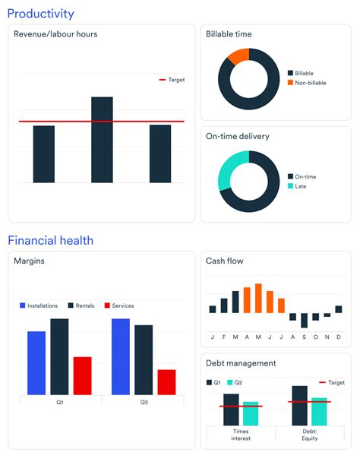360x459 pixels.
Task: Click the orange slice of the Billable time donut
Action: (x=238, y=55)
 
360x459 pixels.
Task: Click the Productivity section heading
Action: (x=41, y=14)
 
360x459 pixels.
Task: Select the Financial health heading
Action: (x=51, y=240)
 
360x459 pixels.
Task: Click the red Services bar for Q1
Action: (x=82, y=375)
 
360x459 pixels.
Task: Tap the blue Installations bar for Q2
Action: (x=121, y=356)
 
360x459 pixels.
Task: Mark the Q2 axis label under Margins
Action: (x=144, y=402)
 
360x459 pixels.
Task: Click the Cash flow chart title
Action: (x=225, y=261)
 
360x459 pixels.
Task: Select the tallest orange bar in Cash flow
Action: (x=258, y=298)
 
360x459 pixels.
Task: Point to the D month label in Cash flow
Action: (x=338, y=337)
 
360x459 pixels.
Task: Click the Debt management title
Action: (x=241, y=363)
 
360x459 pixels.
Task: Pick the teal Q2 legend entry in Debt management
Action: (x=234, y=382)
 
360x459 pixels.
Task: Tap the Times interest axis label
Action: (x=240, y=435)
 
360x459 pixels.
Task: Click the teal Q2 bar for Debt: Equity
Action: (x=319, y=411)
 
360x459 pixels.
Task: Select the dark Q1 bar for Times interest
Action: (x=231, y=410)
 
